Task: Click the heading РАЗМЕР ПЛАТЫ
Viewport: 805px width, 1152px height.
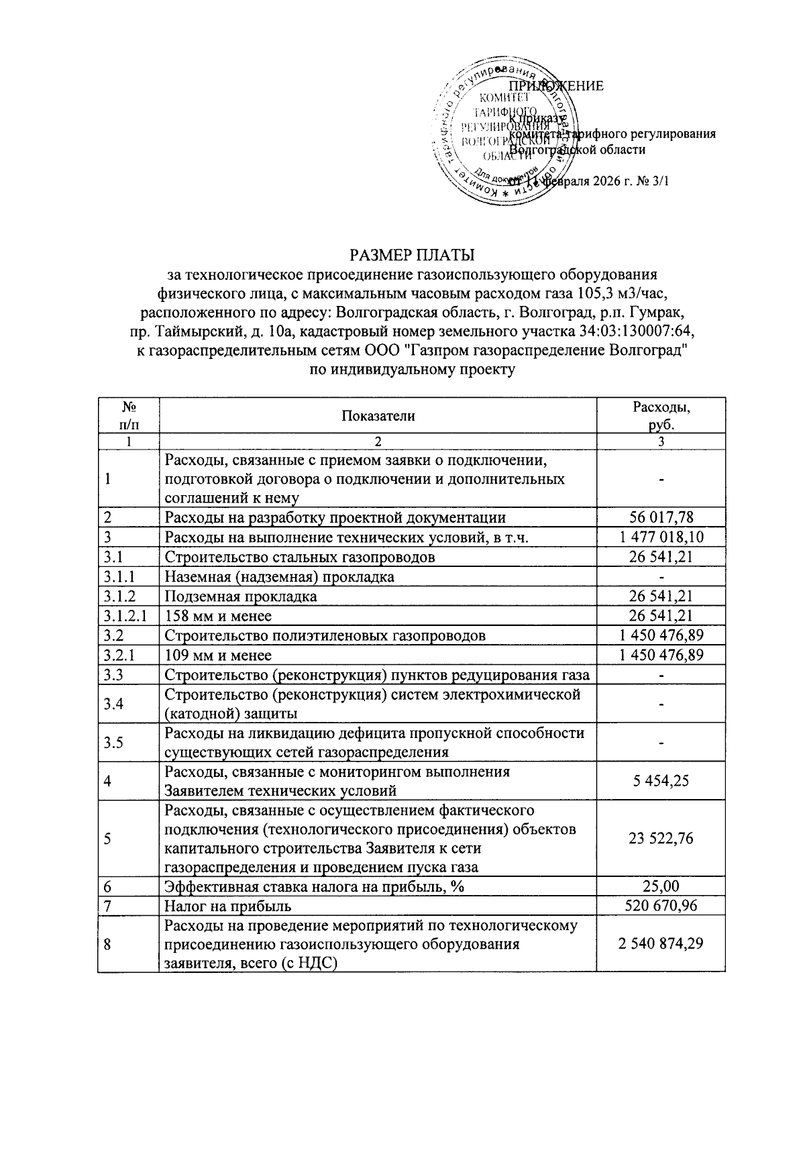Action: [x=411, y=255]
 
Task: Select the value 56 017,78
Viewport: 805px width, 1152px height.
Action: [x=661, y=517]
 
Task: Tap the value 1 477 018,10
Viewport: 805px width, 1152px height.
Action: [x=661, y=537]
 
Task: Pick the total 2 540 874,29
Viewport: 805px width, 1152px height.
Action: [x=661, y=944]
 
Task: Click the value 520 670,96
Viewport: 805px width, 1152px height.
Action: [x=661, y=906]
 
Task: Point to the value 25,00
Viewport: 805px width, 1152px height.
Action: [x=661, y=886]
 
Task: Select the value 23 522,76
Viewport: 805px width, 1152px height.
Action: [x=661, y=838]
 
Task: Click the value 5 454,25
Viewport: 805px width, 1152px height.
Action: [x=661, y=780]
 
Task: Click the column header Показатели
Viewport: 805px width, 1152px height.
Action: [x=378, y=415]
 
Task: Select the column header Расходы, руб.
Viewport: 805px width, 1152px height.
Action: [x=661, y=415]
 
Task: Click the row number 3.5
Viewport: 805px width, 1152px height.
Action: [x=114, y=742]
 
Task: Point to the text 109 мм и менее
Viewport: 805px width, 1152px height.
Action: [x=218, y=655]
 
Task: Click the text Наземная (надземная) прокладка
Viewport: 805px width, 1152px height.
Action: [x=279, y=576]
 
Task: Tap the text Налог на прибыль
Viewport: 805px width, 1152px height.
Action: [x=228, y=906]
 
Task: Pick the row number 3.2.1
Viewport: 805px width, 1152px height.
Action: [x=119, y=655]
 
